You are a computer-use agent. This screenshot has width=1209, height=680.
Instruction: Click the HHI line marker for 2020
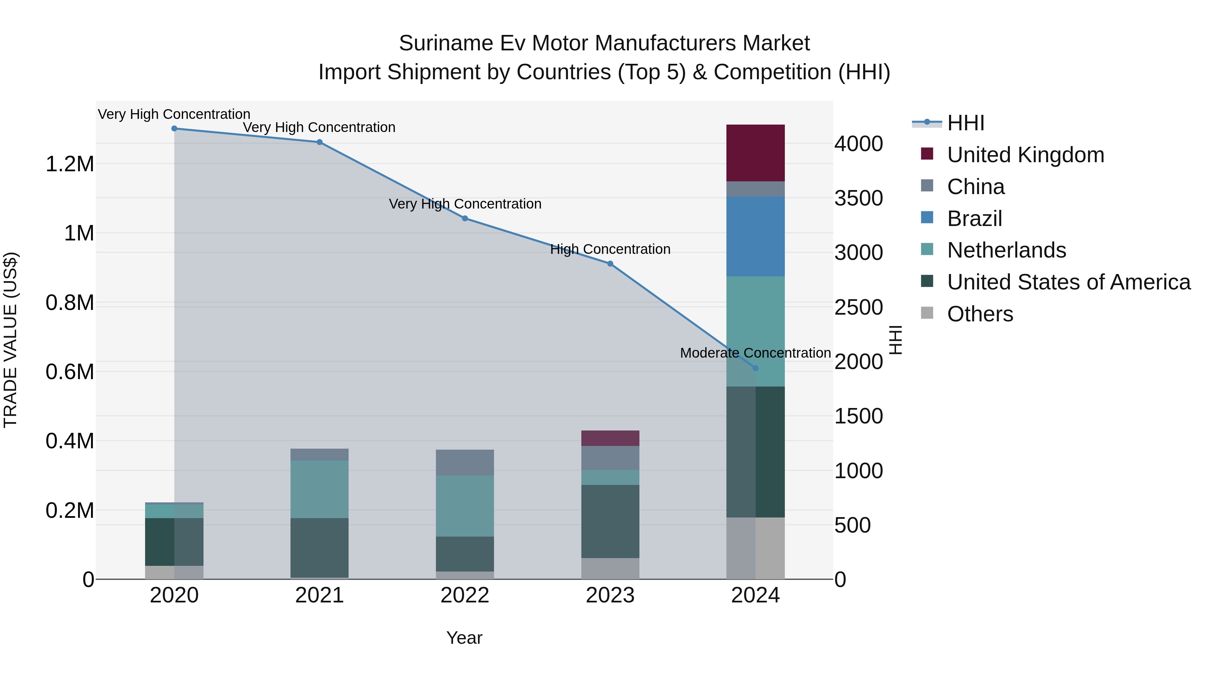174,129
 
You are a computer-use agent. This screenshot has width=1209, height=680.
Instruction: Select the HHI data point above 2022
465,218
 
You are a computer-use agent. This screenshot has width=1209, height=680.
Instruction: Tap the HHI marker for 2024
755,368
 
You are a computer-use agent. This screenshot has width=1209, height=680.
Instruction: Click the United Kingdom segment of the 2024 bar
755,153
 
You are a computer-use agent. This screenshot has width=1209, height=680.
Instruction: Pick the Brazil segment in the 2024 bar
755,236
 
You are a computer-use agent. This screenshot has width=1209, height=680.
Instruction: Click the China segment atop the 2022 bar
465,463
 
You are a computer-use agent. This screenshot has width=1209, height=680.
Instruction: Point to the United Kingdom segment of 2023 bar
610,438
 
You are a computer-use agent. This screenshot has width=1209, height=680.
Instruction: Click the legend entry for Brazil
974,219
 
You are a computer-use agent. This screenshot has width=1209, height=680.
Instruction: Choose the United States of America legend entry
1068,282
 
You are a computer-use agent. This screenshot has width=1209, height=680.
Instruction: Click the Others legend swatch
927,313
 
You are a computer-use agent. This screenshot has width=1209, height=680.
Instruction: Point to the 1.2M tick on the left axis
70,164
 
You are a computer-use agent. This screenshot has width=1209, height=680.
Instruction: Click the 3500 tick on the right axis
858,198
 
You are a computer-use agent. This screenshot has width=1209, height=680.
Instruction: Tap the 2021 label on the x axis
319,595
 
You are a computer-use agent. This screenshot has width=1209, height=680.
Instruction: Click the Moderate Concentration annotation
755,353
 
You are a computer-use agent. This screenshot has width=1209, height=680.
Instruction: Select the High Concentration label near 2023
610,249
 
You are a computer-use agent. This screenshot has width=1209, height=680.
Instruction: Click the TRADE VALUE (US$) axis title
10,340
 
